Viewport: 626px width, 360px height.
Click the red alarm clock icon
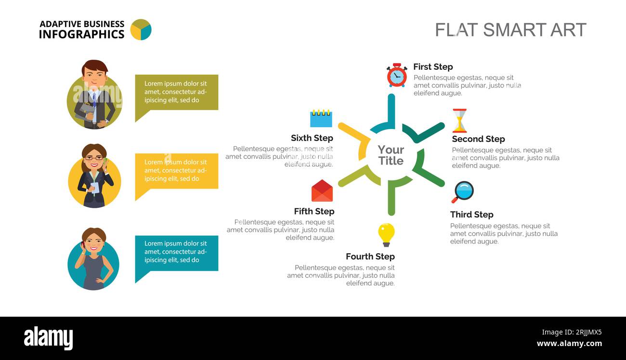pos(397,75)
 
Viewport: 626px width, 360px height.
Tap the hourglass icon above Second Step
pos(459,121)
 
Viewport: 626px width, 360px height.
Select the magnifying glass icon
pos(463,192)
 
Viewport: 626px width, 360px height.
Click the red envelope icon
pos(322,191)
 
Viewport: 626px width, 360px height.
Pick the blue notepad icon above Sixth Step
pos(321,118)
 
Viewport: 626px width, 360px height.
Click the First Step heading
pos(433,67)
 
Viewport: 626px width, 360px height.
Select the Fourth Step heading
pos(370,257)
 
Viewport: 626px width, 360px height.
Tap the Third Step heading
pos(472,215)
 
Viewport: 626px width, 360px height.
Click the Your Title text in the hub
pos(391,155)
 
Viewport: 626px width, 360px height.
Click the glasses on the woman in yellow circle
pos(94,158)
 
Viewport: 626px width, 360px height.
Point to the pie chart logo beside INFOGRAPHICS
pos(141,29)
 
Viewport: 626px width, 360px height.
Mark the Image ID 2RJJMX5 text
pos(572,332)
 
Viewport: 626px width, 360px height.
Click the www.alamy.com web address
pos(569,343)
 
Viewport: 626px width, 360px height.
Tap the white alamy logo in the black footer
pos(48,338)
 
